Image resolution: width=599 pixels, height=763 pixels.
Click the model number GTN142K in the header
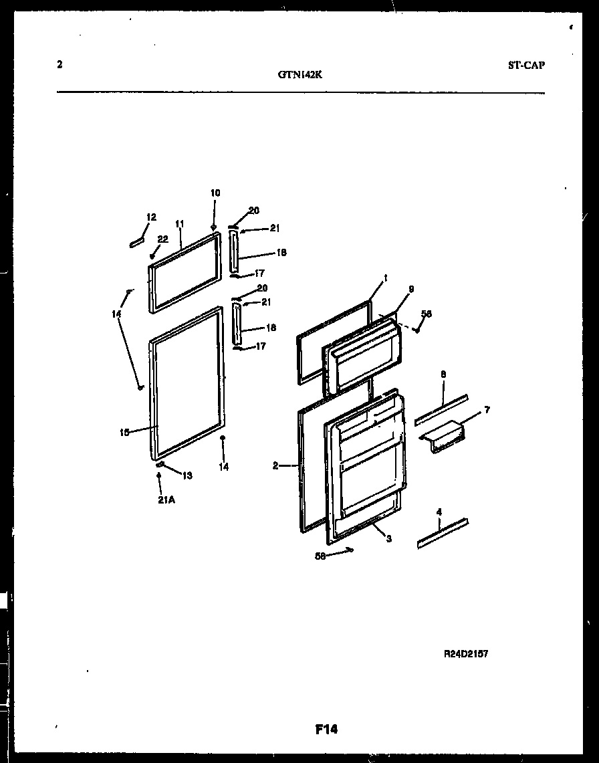[299, 75]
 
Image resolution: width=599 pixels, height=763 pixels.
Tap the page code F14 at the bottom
[326, 730]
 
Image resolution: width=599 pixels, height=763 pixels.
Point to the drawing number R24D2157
[465, 654]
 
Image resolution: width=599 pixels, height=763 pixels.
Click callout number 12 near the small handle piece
[151, 217]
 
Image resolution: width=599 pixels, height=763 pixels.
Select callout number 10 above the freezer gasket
[215, 193]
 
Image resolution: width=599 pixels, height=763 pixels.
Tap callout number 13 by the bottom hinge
[187, 475]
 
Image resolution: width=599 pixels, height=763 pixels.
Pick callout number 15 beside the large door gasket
[124, 432]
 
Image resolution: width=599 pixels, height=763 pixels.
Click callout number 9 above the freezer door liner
[410, 289]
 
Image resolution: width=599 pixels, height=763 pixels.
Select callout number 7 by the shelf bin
[487, 409]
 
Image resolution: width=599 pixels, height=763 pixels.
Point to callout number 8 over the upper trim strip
[443, 374]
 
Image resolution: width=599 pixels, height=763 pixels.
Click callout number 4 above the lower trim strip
[439, 512]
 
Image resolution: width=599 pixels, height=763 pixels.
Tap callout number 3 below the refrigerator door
[388, 539]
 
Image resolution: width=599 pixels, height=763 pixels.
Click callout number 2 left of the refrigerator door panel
[275, 466]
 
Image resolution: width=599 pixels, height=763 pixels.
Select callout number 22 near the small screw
[163, 239]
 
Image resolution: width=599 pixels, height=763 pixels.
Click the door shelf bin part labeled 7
[442, 435]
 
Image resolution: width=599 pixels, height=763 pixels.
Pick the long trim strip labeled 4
[443, 533]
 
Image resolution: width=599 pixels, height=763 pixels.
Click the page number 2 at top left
[59, 65]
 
